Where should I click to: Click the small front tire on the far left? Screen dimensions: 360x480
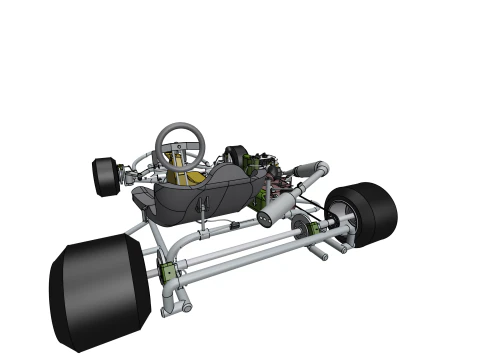[103, 176]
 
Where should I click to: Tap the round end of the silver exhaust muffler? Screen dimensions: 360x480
[265, 217]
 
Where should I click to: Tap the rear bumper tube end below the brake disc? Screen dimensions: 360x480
[322, 255]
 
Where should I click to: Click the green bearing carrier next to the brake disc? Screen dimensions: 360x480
[311, 231]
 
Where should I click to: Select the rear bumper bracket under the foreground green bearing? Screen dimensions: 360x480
[177, 298]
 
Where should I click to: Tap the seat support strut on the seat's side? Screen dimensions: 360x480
[204, 211]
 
